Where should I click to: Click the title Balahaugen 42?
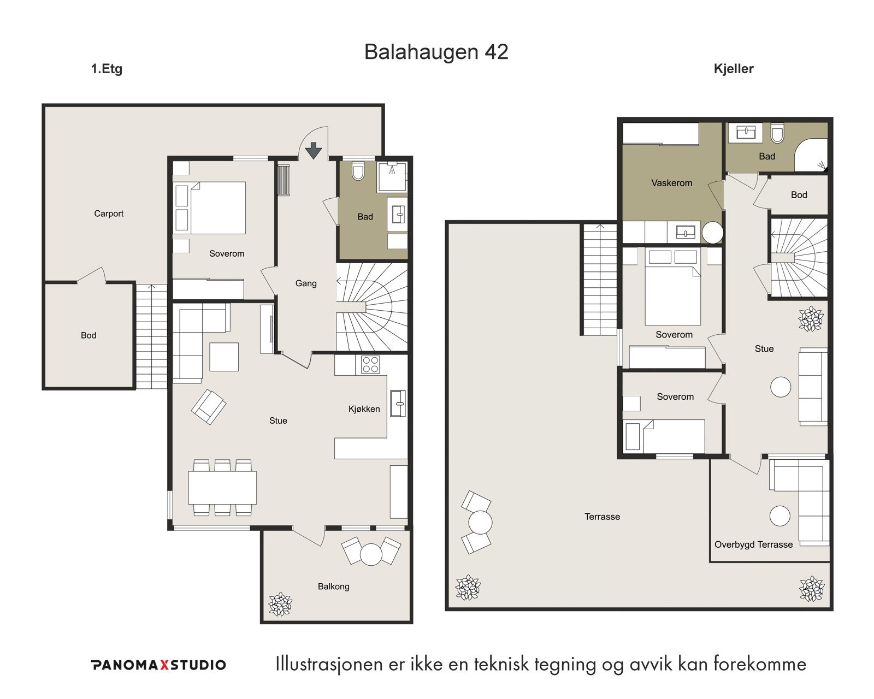[436, 52]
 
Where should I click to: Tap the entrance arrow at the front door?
[314, 150]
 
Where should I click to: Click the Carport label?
[109, 214]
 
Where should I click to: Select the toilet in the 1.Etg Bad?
[358, 171]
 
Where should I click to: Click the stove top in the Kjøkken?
[370, 364]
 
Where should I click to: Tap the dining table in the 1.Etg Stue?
[222, 488]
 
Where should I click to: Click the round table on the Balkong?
[371, 555]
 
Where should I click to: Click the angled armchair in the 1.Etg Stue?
[208, 407]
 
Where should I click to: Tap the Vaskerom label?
[671, 183]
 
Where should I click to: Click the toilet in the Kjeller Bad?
[777, 134]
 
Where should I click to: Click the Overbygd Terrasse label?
[753, 544]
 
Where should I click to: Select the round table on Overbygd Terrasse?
[779, 516]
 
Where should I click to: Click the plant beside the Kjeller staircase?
[811, 319]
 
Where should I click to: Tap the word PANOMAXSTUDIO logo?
[158, 665]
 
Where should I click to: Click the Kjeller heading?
[734, 69]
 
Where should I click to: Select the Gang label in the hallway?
[306, 283]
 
